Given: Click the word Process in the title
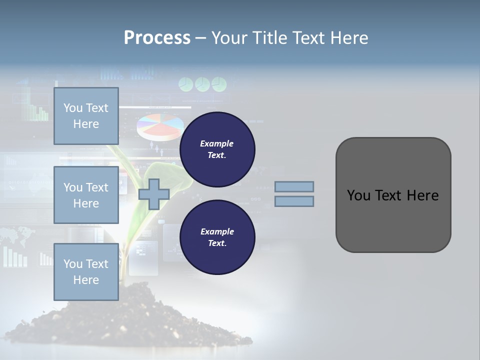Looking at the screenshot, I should click(x=157, y=38).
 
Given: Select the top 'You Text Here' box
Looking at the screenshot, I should click(x=86, y=116).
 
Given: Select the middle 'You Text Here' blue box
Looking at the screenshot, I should click(x=86, y=195).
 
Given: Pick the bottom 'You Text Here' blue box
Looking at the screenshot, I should click(x=86, y=271).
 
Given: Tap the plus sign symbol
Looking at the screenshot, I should click(x=153, y=194).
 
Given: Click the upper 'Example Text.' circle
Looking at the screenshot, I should click(x=217, y=149).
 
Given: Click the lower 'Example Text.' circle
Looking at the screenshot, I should click(x=217, y=237).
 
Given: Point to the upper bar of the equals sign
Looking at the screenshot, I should click(x=294, y=186).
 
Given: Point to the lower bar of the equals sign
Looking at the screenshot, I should click(x=294, y=201).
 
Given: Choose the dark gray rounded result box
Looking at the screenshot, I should click(x=393, y=195).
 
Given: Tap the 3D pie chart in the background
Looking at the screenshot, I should click(x=159, y=126).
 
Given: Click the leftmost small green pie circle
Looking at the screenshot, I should click(x=186, y=84).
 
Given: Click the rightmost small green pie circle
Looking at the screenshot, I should click(x=219, y=84).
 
